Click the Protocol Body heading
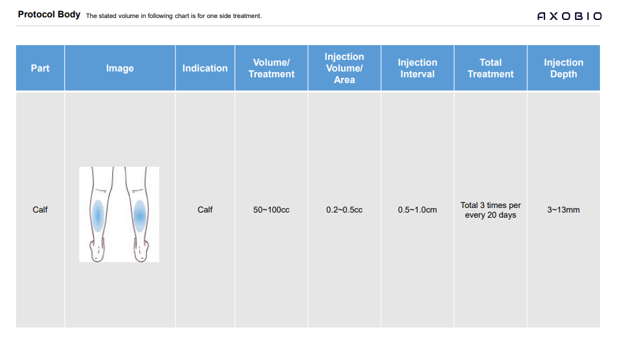[x=49, y=14]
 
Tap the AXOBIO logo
[x=569, y=16]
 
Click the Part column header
[x=40, y=68]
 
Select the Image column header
[x=120, y=68]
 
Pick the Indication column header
[x=205, y=68]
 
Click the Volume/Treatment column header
[x=271, y=68]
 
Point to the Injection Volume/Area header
[x=344, y=68]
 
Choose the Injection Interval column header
[x=417, y=68]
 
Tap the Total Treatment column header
[x=490, y=68]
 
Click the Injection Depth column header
[x=564, y=68]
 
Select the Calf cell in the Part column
[x=40, y=210]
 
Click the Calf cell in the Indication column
[x=205, y=210]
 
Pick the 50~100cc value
[x=271, y=210]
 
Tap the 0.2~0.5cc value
[x=344, y=210]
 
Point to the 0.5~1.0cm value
[x=417, y=210]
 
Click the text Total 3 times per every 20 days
[x=490, y=210]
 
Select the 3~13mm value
[x=564, y=210]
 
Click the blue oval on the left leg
[x=98, y=216]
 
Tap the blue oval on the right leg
[x=140, y=216]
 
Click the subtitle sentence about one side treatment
[x=174, y=16]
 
